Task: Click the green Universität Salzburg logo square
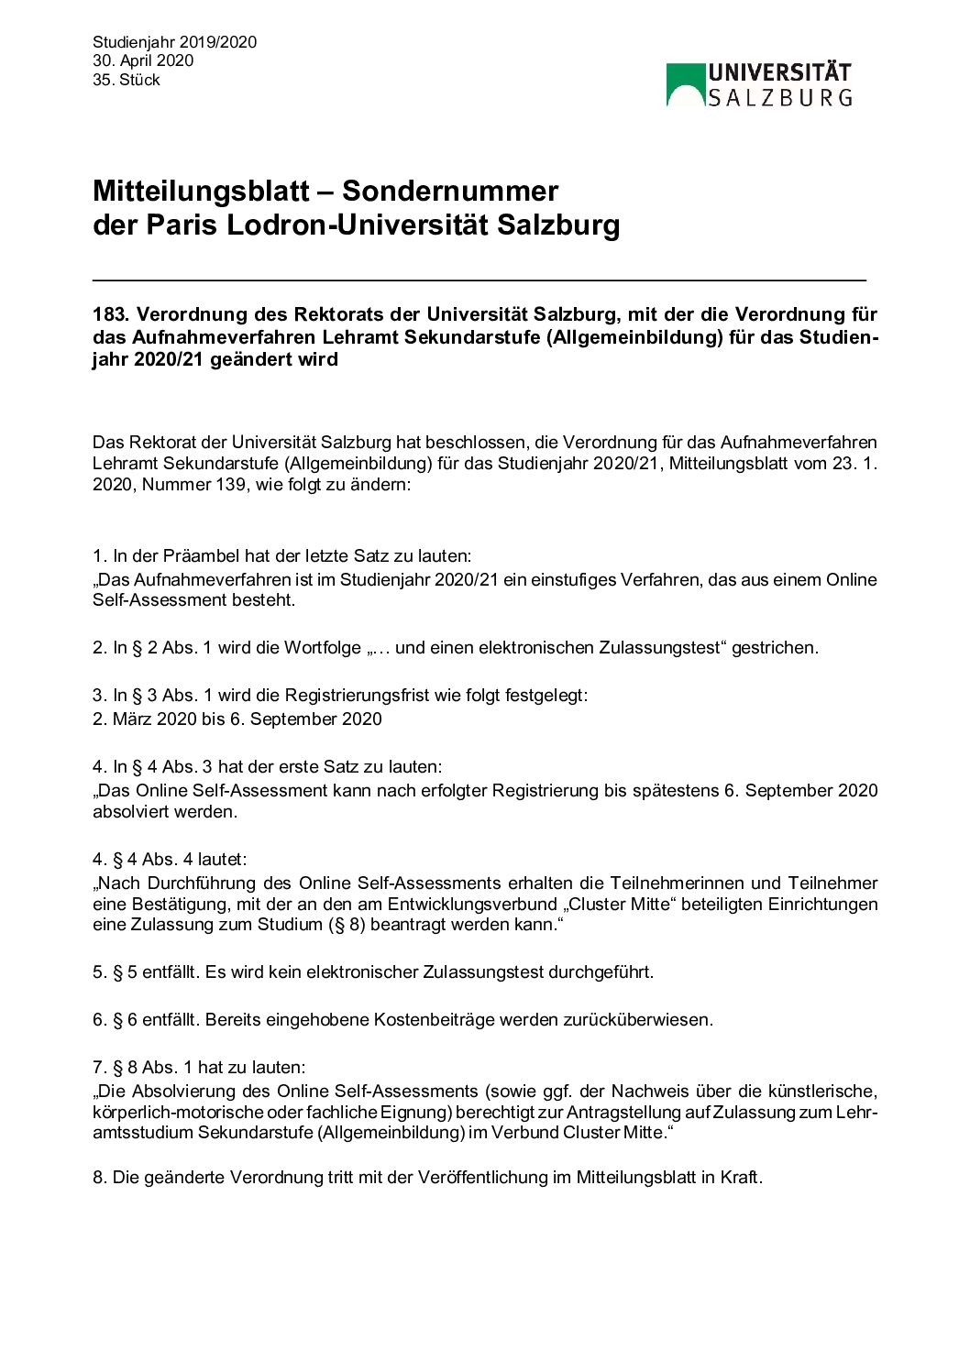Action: [x=685, y=84]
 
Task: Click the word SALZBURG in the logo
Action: [x=780, y=97]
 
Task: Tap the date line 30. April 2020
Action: [x=143, y=60]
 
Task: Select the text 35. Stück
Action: [x=127, y=80]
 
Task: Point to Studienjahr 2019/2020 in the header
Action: [x=174, y=42]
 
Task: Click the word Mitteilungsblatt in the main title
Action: [x=201, y=191]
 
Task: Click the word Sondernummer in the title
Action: [x=449, y=191]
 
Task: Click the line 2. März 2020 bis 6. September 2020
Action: [x=237, y=719]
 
